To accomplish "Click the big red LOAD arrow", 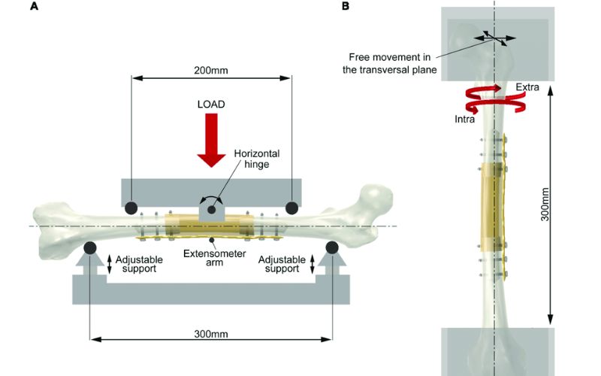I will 212,141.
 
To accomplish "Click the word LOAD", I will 212,103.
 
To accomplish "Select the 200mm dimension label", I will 211,70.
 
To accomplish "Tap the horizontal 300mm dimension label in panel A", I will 211,333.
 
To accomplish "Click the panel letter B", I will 345,7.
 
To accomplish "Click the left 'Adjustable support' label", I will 139,264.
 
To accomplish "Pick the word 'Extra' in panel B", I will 527,88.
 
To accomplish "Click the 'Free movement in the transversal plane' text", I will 392,64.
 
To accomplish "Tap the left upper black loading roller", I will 131,207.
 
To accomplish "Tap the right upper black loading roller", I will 291,207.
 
